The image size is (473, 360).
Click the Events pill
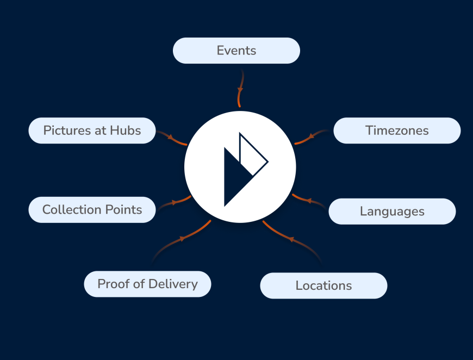pyautogui.click(x=236, y=51)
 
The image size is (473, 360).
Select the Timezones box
pyautogui.click(x=397, y=131)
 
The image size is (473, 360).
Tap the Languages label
pyautogui.click(x=392, y=211)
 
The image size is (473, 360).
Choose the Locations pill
pyautogui.click(x=323, y=285)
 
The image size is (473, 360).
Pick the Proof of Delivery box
pyautogui.click(x=147, y=284)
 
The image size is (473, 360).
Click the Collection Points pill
pyautogui.click(x=92, y=210)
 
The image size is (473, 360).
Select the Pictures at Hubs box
pyautogui.click(x=92, y=131)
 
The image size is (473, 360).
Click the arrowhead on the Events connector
pyautogui.click(x=240, y=90)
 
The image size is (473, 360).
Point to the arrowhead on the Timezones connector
pyautogui.click(x=312, y=136)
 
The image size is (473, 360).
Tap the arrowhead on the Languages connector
pyautogui.click(x=309, y=200)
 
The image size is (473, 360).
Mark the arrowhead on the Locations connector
pyautogui.click(x=291, y=239)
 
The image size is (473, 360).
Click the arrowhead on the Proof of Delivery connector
pyautogui.click(x=182, y=239)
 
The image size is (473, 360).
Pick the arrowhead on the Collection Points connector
pyautogui.click(x=174, y=202)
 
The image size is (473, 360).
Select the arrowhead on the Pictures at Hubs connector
pyautogui.click(x=170, y=137)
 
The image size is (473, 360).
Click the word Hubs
pyautogui.click(x=125, y=131)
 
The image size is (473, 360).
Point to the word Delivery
pyautogui.click(x=173, y=284)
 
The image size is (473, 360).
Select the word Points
pyautogui.click(x=123, y=210)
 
